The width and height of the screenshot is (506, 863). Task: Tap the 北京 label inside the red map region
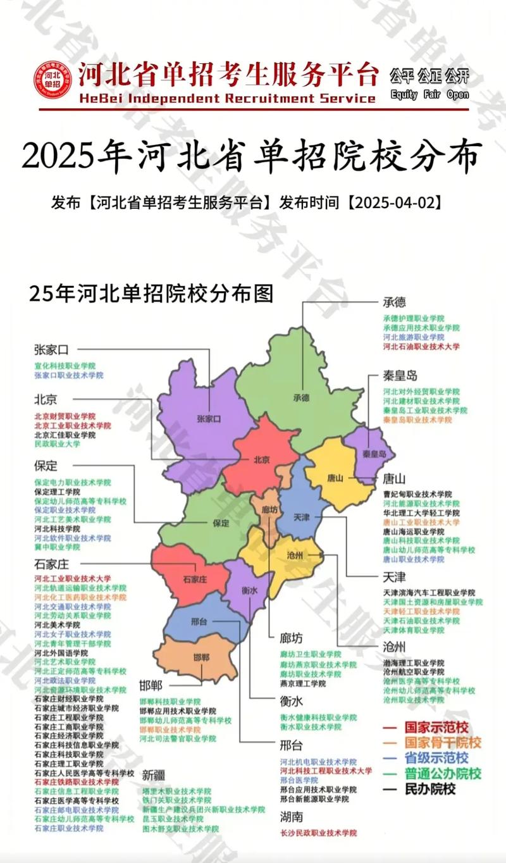(262, 459)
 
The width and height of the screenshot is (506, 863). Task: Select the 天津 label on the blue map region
(302, 517)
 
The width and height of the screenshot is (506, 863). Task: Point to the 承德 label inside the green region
(301, 398)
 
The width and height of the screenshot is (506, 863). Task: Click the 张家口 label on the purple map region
(209, 419)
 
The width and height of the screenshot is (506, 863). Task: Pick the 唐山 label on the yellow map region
(335, 478)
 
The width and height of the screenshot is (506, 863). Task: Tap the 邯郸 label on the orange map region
(200, 657)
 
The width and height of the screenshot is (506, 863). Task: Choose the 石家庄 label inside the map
(194, 579)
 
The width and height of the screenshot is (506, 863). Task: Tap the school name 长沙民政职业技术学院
(318, 833)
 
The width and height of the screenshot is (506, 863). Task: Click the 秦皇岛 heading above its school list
(400, 375)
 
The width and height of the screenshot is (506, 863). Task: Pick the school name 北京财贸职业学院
(65, 416)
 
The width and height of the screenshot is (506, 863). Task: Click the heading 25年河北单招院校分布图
(151, 294)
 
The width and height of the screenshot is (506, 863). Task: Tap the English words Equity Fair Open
(429, 94)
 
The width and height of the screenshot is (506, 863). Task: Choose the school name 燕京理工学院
(303, 683)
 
